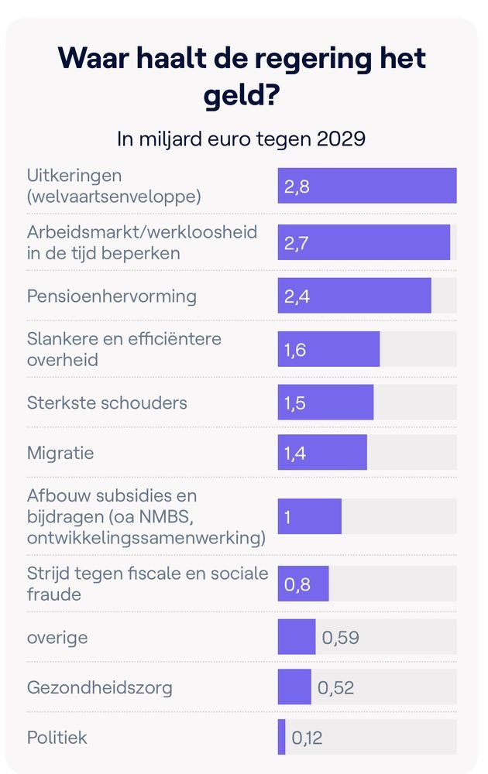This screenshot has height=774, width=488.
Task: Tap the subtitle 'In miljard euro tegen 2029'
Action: (241, 140)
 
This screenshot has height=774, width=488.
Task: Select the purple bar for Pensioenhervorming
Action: (354, 296)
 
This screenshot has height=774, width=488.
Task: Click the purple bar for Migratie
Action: (322, 452)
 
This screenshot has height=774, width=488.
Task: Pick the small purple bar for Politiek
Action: (281, 737)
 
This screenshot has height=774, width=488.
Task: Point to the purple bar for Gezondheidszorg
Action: (294, 687)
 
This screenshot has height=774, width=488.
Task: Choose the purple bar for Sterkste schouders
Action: (325, 402)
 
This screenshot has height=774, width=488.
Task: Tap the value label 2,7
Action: (297, 243)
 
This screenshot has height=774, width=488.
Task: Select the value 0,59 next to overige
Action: (340, 638)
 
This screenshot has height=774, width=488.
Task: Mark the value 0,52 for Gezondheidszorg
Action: (335, 687)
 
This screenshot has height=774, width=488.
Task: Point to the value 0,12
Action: (307, 738)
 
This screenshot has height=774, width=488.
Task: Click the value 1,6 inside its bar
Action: (296, 350)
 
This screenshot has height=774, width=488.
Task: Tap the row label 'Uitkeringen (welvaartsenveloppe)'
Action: (114, 186)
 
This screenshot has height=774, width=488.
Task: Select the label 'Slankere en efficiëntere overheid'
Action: (124, 350)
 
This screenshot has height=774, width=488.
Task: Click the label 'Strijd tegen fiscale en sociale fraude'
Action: (147, 584)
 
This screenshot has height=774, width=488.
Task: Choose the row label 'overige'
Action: (57, 638)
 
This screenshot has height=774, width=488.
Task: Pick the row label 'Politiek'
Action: (57, 737)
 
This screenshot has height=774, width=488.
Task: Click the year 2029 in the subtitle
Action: (341, 140)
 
